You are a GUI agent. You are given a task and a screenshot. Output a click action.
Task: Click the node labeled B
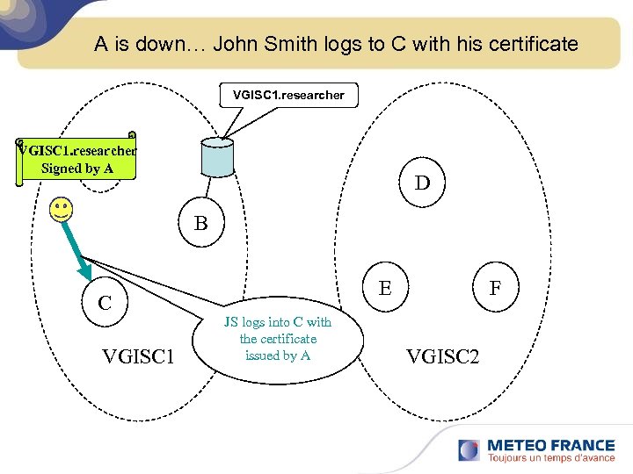tap(201, 224)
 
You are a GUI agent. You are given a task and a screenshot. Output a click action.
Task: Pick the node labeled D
tap(423, 183)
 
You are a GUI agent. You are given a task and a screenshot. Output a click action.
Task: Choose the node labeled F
tap(496, 288)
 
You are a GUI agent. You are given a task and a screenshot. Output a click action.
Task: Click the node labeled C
tap(105, 304)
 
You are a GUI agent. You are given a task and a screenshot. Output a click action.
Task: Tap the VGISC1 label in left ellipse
tap(138, 356)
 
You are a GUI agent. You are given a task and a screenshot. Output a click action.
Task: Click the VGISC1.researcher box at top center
tap(288, 95)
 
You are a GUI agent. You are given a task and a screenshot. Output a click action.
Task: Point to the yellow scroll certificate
tap(77, 159)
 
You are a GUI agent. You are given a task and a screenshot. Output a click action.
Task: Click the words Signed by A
tap(77, 169)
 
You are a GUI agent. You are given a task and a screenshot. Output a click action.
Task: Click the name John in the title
tap(236, 44)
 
